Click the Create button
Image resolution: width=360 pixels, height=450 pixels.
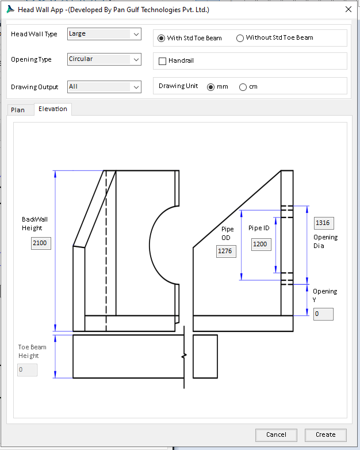point(325,434)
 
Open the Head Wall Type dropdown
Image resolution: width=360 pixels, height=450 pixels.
point(104,34)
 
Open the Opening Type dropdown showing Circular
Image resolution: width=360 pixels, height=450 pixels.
point(104,59)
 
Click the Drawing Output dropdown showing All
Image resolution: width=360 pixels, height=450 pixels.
point(104,87)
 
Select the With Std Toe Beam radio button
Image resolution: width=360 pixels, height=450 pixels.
point(162,38)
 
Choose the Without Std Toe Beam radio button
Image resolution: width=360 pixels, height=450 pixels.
point(240,38)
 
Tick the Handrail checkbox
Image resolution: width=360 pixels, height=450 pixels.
point(163,61)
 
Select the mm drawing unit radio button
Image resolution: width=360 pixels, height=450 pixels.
point(210,87)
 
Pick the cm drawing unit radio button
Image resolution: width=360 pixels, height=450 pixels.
point(243,87)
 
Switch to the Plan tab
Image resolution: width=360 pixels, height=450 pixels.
point(18,109)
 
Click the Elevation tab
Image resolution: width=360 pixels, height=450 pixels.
point(53,109)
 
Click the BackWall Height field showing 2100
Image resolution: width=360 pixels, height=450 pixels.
point(41,243)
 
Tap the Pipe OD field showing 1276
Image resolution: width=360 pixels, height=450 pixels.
point(226,251)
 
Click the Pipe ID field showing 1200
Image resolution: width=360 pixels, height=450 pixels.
point(261,244)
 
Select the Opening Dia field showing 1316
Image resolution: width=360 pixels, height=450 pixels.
point(324,223)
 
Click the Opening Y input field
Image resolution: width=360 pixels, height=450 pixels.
point(323,314)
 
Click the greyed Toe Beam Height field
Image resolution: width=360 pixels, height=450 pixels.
point(27,369)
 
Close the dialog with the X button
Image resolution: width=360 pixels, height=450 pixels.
point(348,9)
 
